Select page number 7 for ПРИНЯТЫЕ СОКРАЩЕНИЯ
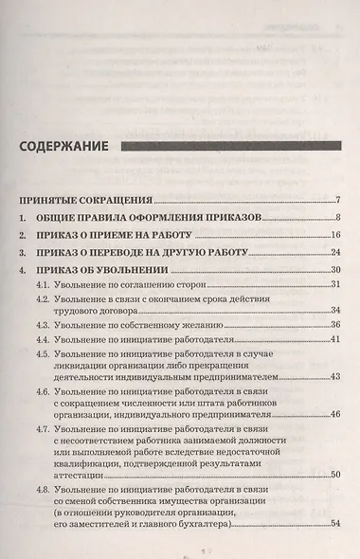pos(337,200)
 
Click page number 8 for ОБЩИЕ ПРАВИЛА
pos(337,218)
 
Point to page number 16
pos(334,235)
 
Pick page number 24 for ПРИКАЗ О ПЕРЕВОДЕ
pos(334,253)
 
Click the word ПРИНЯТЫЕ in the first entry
pos(52,201)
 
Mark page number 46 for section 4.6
pos(334,414)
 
